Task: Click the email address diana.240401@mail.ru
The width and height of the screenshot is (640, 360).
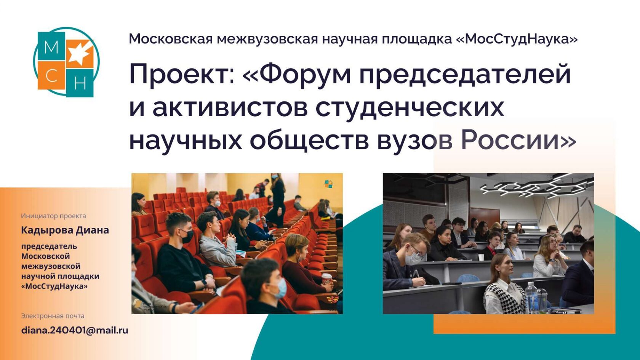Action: pos(75,330)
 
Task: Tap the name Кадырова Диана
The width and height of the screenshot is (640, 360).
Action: pos(65,230)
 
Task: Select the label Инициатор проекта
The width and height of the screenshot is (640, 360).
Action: pos(53,216)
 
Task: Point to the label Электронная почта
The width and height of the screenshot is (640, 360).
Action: pos(53,316)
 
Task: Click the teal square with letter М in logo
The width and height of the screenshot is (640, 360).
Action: pos(51,46)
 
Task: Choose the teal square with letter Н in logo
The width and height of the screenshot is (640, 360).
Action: pos(80,83)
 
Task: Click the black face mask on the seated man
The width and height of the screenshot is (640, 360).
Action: pos(187,236)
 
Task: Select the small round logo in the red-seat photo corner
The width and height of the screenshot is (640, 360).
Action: pos(328,184)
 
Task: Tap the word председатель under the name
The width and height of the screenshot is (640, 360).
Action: pos(49,246)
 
